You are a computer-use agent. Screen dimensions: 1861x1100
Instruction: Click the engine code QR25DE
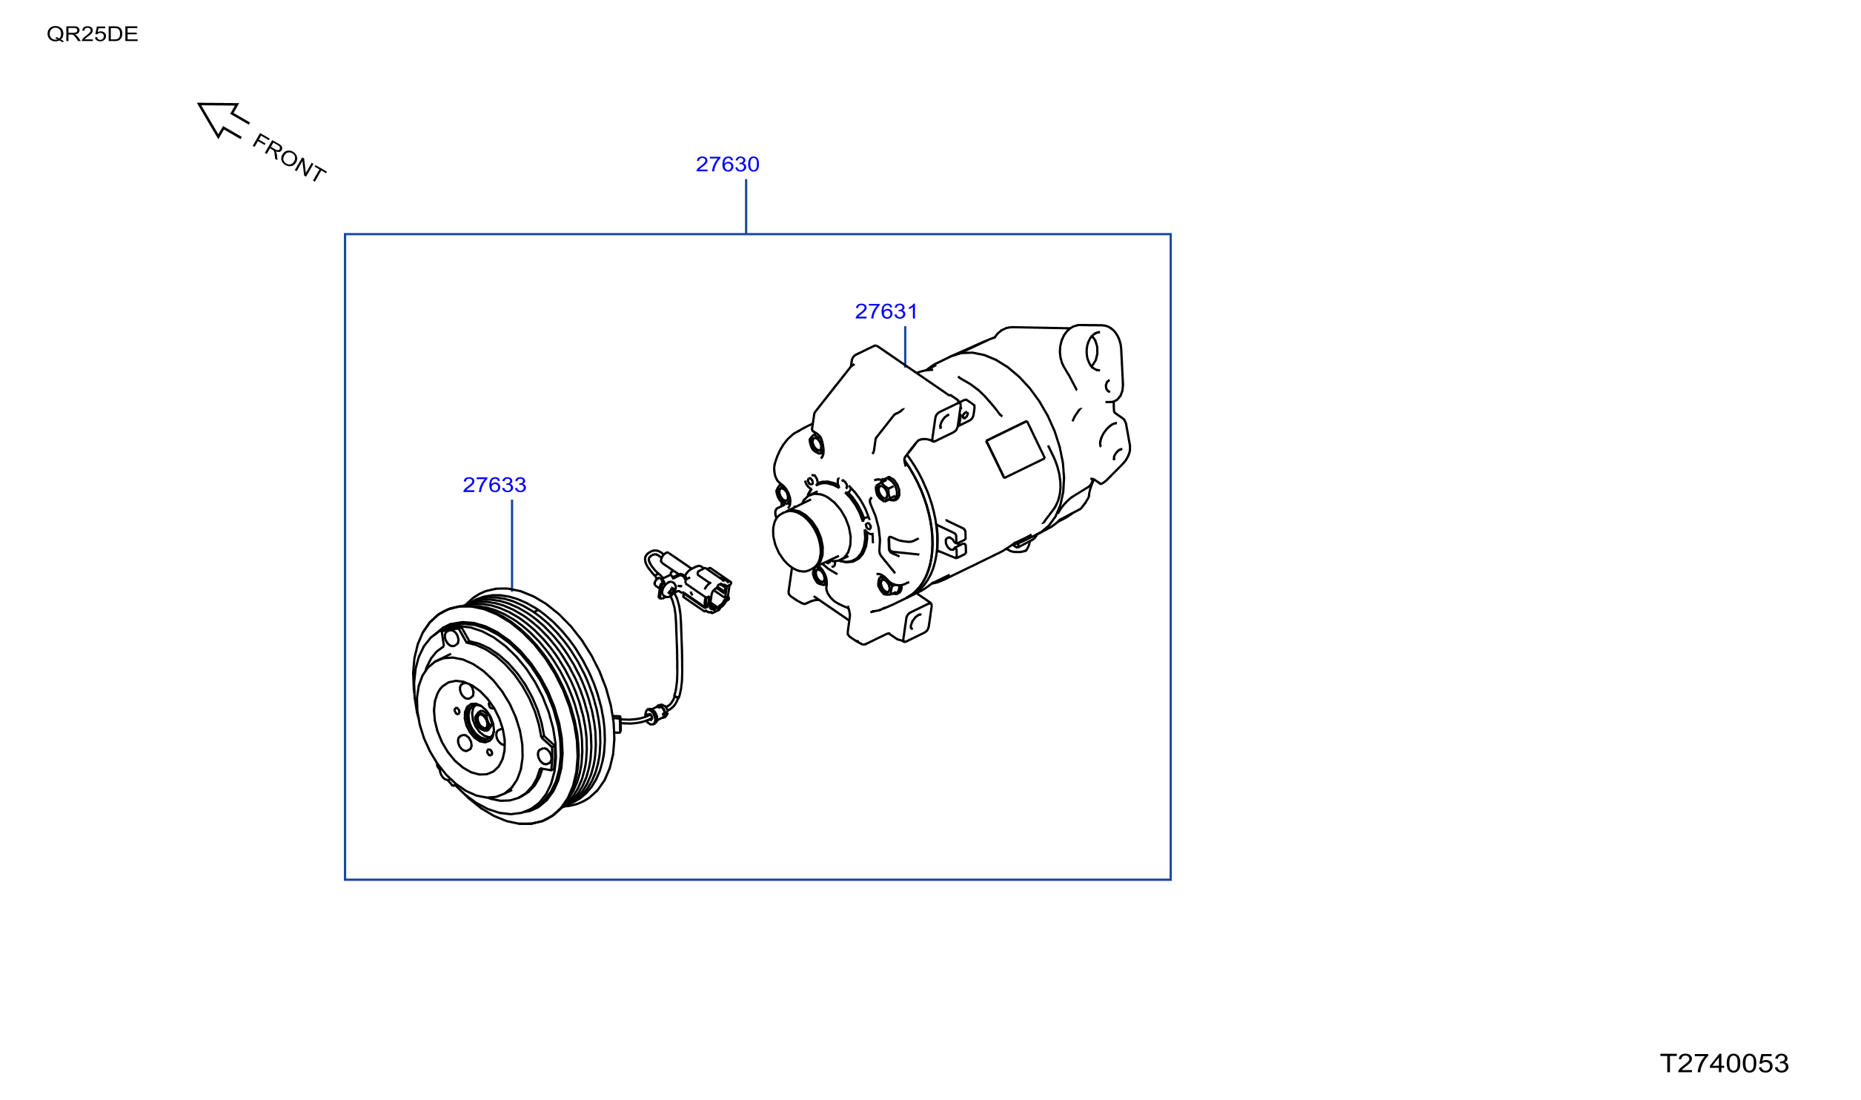click(92, 34)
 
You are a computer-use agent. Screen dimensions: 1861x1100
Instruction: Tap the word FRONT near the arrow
click(289, 157)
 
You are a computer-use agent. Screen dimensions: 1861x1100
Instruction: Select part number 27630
click(727, 164)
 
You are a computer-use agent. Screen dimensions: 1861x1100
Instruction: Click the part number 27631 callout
click(886, 311)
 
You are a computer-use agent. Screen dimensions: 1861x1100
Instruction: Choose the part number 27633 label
click(494, 485)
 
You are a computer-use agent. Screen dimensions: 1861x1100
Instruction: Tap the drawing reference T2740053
click(1724, 1064)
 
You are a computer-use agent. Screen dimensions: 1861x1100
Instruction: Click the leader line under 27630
click(746, 206)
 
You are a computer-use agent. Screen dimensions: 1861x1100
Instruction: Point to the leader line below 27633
click(511, 545)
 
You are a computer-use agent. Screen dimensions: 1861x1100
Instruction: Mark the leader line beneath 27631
click(904, 346)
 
